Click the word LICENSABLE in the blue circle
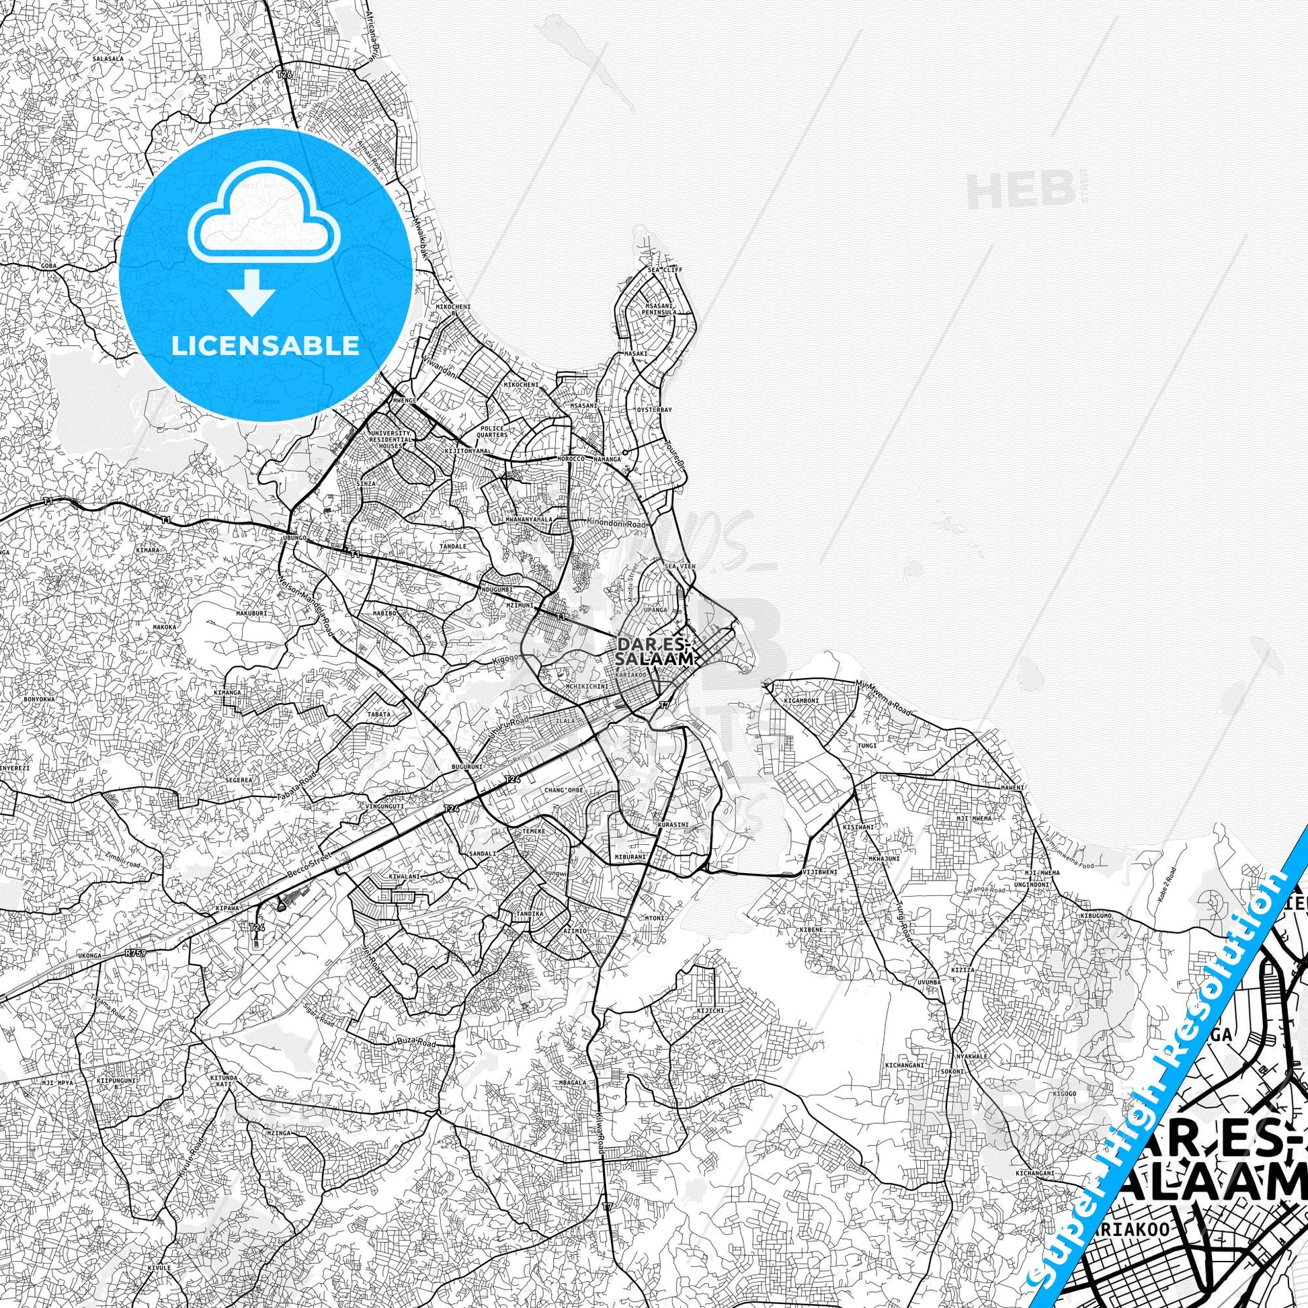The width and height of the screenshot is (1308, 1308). coord(265,346)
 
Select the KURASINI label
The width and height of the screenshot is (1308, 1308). coord(667,826)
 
